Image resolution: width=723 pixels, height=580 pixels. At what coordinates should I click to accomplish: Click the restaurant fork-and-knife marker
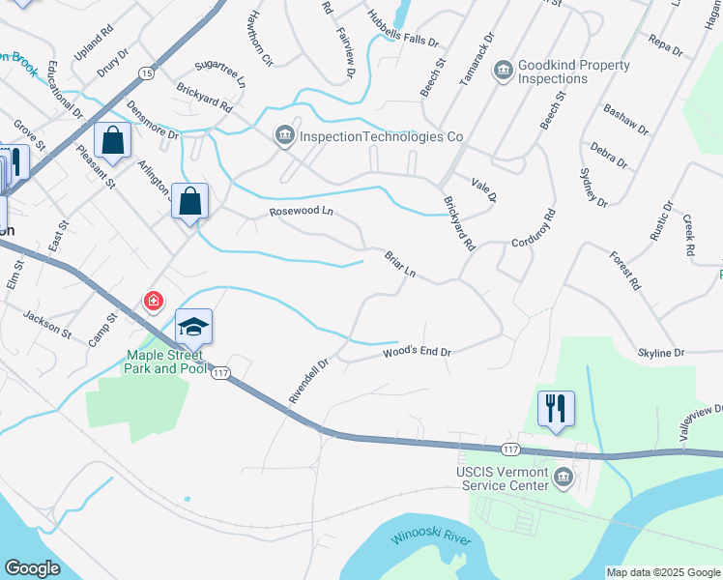click(556, 408)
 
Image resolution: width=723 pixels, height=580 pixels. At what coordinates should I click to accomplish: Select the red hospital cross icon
click(153, 303)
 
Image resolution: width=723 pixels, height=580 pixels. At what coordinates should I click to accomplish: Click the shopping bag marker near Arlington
click(190, 203)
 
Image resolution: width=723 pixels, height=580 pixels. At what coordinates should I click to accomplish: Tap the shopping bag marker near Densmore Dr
click(113, 140)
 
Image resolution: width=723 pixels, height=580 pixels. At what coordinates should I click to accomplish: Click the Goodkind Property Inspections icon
click(503, 71)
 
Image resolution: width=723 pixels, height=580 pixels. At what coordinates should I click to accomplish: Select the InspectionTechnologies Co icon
click(284, 136)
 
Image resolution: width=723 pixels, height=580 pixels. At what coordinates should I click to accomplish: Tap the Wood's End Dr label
click(418, 353)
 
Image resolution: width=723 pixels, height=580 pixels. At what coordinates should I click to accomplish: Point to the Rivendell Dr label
click(309, 383)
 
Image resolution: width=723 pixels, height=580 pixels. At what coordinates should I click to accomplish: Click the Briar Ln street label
click(399, 265)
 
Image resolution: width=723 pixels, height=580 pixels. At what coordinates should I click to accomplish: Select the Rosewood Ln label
click(301, 211)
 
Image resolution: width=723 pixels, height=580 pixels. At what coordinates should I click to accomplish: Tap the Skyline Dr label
click(661, 353)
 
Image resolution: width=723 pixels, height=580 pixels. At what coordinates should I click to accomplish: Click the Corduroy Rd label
click(535, 228)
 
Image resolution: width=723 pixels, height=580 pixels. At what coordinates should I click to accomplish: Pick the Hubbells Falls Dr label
click(403, 30)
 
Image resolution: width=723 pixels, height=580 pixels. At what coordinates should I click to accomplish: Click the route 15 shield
click(146, 72)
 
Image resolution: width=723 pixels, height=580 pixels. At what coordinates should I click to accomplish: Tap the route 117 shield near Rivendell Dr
click(221, 373)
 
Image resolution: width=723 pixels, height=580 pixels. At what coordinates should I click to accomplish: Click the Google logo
click(32, 568)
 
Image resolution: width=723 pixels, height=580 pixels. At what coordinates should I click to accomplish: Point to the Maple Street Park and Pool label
click(165, 362)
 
